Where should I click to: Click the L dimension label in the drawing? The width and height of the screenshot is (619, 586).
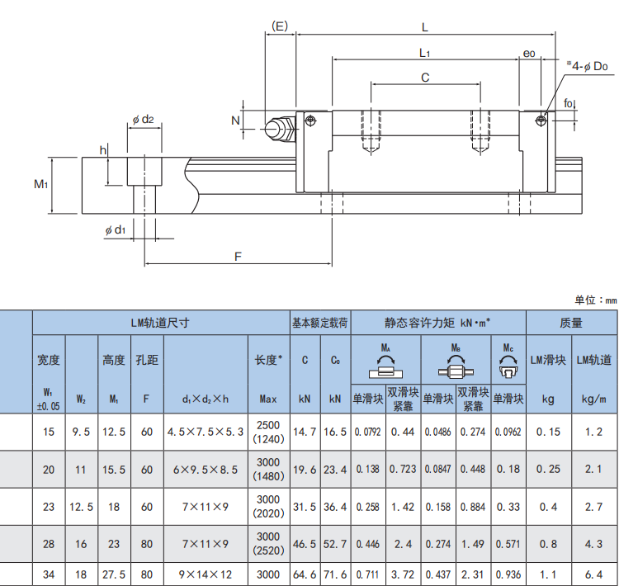424,26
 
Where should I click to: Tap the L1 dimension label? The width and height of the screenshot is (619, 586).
424,53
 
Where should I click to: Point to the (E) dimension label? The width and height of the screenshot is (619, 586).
280,26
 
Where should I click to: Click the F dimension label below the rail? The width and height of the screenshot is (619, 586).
238,258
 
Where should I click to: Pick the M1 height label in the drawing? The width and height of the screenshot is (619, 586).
40,184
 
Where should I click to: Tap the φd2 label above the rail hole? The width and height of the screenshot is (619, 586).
143,120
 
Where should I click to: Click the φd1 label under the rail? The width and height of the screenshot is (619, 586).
115,230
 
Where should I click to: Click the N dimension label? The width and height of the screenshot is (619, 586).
235,121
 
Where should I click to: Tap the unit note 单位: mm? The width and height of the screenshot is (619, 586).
595,300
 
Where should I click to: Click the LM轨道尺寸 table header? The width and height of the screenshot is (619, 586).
160,323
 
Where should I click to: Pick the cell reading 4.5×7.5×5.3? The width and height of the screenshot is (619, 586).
205,431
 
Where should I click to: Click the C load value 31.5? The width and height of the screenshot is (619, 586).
305,507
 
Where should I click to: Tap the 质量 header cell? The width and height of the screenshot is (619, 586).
570,323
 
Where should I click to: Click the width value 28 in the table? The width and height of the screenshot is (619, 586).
49,544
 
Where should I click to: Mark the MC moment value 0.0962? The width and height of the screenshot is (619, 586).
508,431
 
